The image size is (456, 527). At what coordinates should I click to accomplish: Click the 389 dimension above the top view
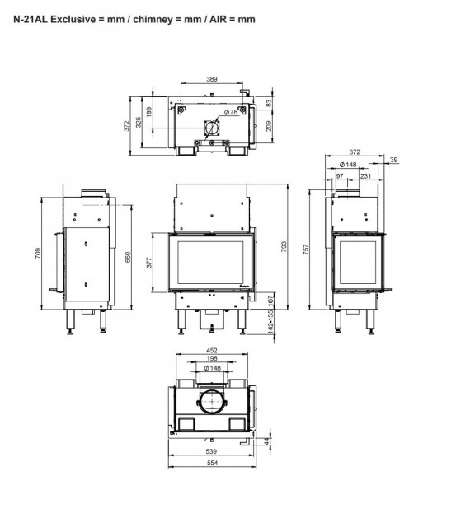tap(212, 79)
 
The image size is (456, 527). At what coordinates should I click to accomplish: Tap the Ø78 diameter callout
tap(231, 112)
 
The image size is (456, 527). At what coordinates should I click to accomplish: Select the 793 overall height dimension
tap(284, 247)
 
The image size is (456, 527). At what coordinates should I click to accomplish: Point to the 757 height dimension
tap(306, 250)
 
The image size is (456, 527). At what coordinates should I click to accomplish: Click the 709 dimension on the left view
tap(38, 253)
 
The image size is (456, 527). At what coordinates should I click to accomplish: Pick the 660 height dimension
tap(128, 257)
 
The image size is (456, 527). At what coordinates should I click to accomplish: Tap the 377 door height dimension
tap(149, 263)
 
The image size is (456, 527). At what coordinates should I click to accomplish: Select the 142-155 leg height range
tap(270, 322)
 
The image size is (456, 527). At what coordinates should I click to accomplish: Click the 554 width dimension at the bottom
tap(212, 463)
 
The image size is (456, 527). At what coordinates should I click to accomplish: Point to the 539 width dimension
tap(211, 451)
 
